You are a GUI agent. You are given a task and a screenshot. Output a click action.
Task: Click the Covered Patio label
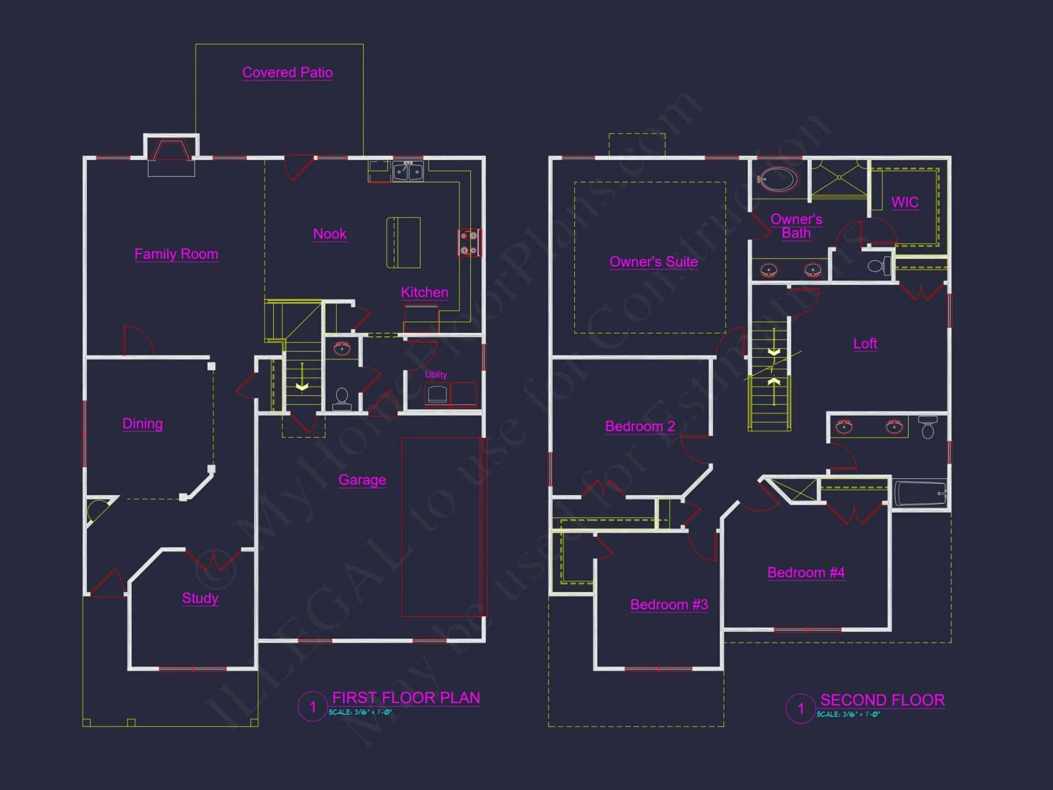coord(287,72)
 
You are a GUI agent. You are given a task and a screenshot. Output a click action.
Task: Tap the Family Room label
coord(176,254)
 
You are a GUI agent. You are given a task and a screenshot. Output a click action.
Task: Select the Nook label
coord(330,234)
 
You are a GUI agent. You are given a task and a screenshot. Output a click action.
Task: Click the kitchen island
coord(403,242)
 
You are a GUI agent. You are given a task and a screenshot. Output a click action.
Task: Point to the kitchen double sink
coord(408,172)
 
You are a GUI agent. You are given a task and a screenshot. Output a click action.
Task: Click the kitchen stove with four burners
coord(469,243)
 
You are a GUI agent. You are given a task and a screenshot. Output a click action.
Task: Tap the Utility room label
coord(436,374)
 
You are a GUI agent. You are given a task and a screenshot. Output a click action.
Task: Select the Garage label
coord(362,480)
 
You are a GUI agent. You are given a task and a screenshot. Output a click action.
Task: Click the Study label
coord(200,598)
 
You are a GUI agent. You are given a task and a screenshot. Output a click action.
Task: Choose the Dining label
coord(142,423)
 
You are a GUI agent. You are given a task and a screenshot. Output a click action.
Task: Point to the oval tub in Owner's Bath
coord(778,179)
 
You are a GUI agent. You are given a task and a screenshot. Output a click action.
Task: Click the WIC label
coord(905,202)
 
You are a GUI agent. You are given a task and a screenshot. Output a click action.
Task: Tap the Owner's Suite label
coord(653,262)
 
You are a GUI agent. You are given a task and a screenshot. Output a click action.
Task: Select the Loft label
coord(865,344)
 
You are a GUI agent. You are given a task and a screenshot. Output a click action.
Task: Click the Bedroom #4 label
coord(806,572)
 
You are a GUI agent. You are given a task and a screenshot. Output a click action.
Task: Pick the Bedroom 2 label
coord(640,426)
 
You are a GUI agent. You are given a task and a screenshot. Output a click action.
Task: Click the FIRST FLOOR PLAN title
coord(406,698)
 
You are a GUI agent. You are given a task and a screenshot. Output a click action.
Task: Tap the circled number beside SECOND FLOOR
coord(800,709)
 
